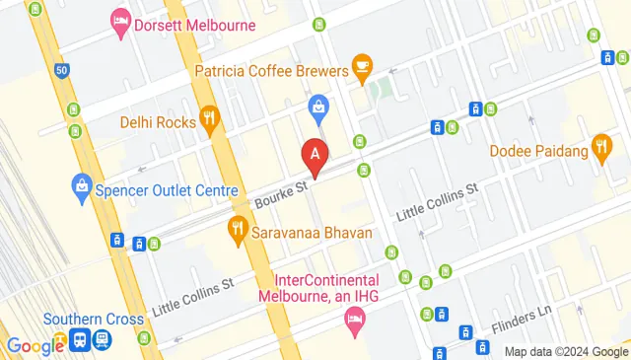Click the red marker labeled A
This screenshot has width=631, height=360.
point(315,155)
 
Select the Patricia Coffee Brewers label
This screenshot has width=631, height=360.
point(272,71)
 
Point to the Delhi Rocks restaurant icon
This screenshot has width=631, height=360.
point(208,121)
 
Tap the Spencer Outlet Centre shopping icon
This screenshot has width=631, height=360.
point(82,184)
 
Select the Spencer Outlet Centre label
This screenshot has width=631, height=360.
point(166,190)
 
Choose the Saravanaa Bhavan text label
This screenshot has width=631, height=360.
point(312,234)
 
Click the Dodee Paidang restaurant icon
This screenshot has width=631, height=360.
point(602,150)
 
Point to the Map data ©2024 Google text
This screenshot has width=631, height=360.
point(565,351)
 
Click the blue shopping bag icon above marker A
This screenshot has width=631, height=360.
point(317,106)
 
